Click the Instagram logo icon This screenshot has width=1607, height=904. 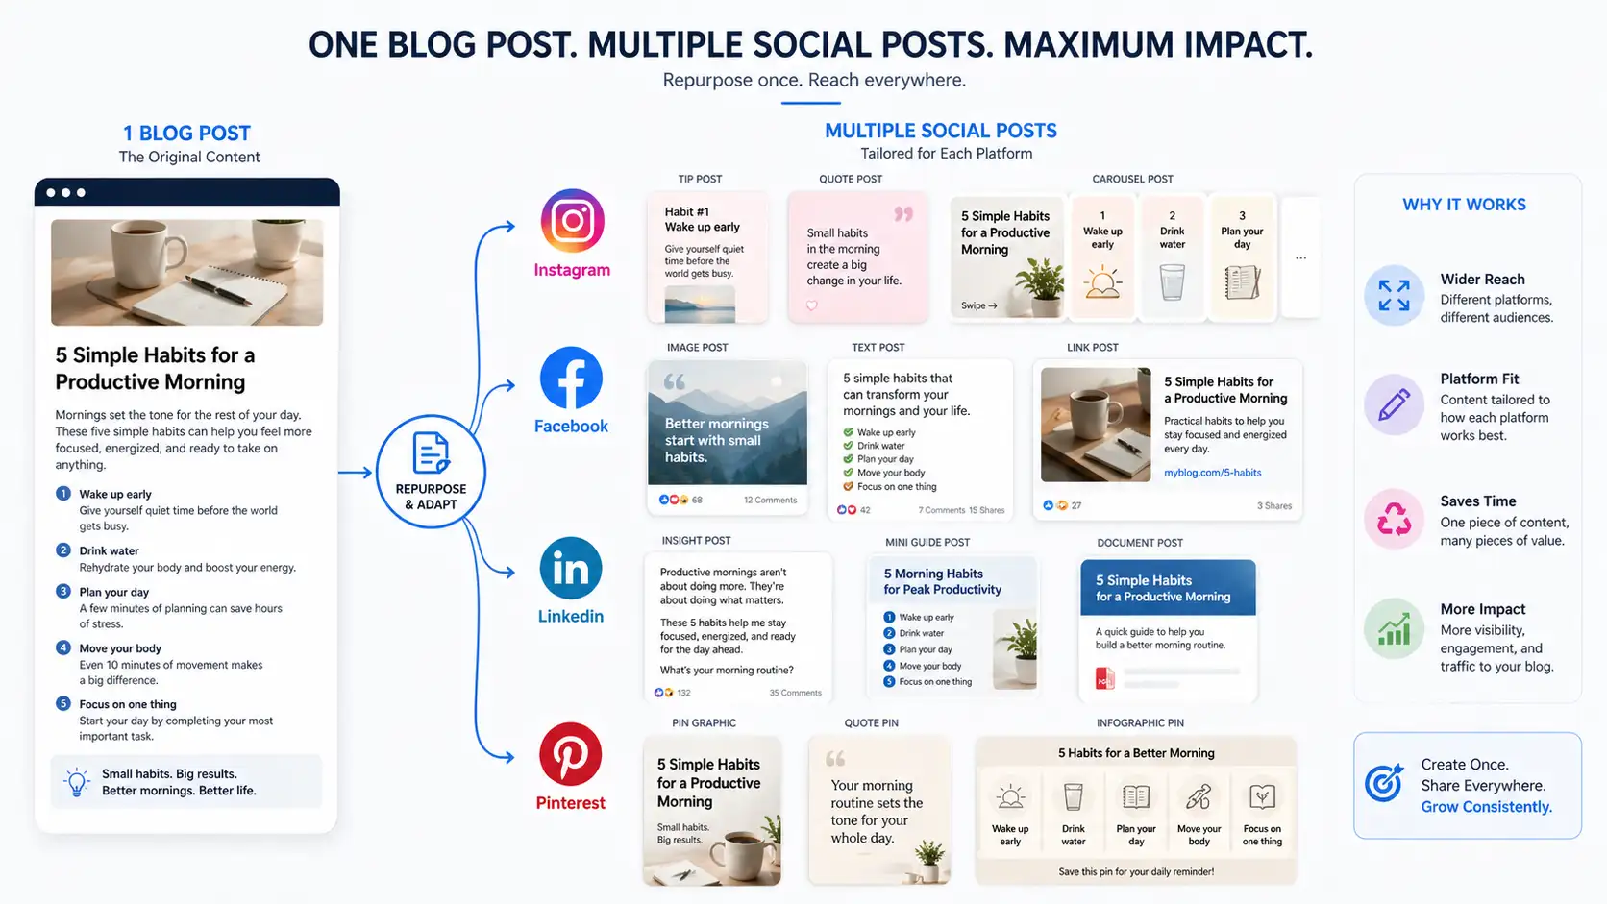point(573,221)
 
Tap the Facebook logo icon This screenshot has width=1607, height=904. point(571,379)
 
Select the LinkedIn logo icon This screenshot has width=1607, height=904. point(571,569)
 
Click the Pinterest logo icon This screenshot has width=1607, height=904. point(570,754)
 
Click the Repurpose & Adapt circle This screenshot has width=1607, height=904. point(431,472)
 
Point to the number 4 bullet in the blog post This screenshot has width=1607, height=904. point(63,647)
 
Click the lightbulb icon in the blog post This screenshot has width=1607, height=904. point(76,782)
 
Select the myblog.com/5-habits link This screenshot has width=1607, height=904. point(1212,473)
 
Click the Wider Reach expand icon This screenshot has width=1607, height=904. point(1394,296)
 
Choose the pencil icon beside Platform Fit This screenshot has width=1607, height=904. point(1394,404)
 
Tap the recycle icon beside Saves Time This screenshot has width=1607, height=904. point(1394,519)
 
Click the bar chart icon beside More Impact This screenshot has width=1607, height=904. point(1394,628)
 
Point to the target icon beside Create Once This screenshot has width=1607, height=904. point(1384,784)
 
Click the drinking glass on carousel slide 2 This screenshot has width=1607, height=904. point(1172,282)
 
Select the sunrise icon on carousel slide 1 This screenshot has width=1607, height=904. point(1102,282)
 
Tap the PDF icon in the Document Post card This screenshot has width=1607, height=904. point(1104,679)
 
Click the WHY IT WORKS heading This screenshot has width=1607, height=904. point(1464,205)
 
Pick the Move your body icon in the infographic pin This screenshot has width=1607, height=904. point(1199,796)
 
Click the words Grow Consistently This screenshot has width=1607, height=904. point(1486,807)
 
